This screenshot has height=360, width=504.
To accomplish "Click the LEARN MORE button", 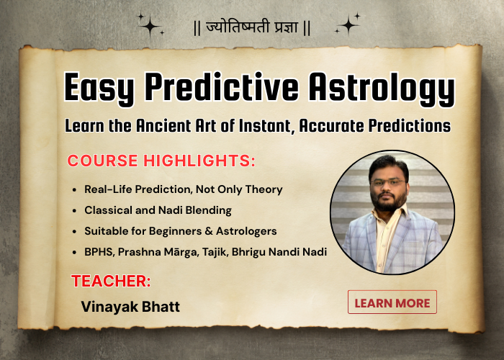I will (x=392, y=302).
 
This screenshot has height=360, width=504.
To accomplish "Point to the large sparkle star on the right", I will (x=349, y=25).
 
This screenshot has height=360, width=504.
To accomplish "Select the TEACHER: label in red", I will (x=110, y=281).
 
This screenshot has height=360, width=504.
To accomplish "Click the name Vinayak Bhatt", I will (x=130, y=307).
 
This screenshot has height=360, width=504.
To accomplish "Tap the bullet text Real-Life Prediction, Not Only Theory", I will (x=183, y=189).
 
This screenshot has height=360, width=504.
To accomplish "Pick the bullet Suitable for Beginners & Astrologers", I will (x=180, y=231).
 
